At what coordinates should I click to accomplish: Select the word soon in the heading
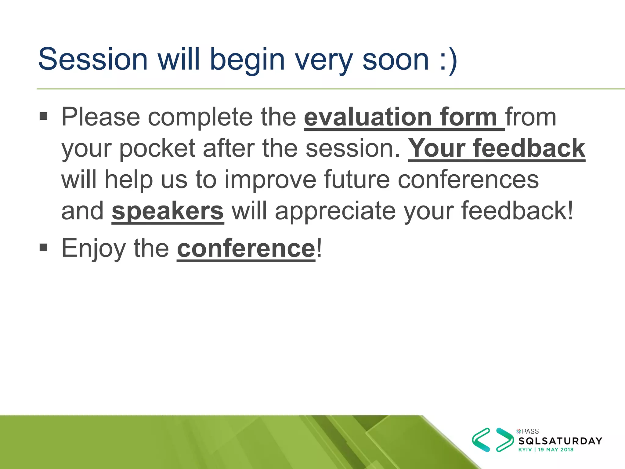pos(396,60)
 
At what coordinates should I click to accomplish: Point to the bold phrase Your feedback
pos(497,149)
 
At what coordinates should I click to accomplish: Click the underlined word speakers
pos(168,211)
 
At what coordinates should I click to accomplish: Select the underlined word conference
pos(246,249)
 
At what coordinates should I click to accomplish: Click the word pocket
pos(157,149)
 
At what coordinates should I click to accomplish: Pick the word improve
pos(270,180)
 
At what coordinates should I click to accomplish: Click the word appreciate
pos(335,211)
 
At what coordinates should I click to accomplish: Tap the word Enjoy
pos(93,249)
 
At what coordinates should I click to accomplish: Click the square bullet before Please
pos(44,116)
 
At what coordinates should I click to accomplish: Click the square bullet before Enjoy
pos(44,247)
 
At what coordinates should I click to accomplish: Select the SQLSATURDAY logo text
pos(560,441)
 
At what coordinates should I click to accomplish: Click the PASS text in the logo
pos(530,431)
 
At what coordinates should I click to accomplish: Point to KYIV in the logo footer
pos(525,450)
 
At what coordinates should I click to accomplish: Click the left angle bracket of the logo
pos(481,440)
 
